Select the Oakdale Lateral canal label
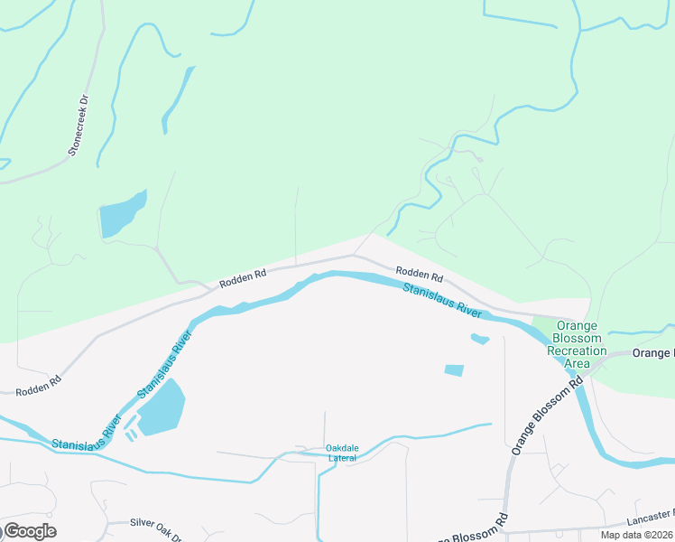(342, 453)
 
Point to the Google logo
(30, 531)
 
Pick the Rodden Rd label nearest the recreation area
(419, 274)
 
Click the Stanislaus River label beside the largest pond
(165, 366)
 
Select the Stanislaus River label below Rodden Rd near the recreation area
(442, 299)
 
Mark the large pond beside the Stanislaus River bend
(161, 408)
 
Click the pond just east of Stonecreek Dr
(122, 215)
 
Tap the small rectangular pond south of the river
(454, 370)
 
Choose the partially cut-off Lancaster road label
(650, 518)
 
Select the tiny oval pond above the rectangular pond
(480, 339)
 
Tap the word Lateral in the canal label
(342, 458)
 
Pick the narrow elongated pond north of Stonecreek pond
(177, 98)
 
